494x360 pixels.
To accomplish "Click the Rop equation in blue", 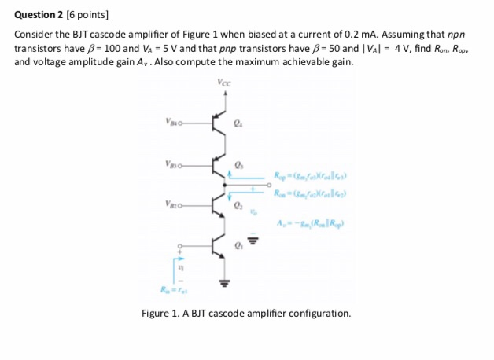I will click(x=312, y=175).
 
